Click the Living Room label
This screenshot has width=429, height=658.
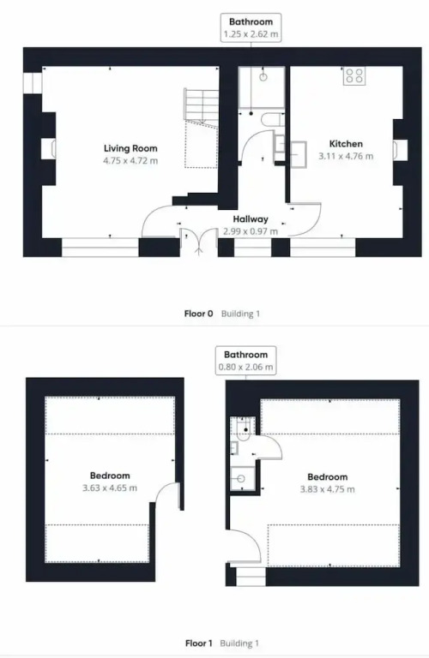(x=130, y=148)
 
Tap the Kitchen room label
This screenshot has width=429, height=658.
(x=346, y=144)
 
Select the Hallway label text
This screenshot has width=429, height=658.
(x=251, y=219)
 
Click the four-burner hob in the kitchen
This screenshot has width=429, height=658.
(x=353, y=75)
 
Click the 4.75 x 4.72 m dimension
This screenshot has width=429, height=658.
(x=130, y=160)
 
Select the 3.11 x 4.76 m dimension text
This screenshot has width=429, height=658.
(x=346, y=156)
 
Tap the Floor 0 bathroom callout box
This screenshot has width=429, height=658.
(x=251, y=27)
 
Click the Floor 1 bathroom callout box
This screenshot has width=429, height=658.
(x=245, y=361)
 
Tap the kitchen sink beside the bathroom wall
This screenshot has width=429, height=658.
(x=299, y=154)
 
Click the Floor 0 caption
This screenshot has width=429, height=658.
(x=198, y=314)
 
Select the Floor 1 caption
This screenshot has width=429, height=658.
(x=199, y=643)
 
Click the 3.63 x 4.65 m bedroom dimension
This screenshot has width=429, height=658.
(x=110, y=488)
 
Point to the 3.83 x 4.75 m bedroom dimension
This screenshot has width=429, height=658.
(x=327, y=489)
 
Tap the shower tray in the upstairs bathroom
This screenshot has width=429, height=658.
(x=243, y=478)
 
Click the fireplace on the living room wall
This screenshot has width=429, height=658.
(x=49, y=149)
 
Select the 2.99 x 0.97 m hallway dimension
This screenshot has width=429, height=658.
(x=251, y=231)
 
